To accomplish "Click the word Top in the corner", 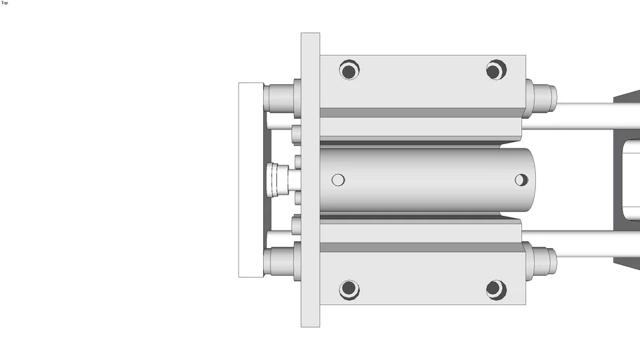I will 5,3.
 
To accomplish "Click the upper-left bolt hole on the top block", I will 348,70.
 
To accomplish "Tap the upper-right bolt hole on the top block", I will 496,70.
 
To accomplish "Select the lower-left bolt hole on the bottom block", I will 348,289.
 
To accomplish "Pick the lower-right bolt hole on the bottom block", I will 496,289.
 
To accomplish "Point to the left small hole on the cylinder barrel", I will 338,180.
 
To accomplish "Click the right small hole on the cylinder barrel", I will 520,180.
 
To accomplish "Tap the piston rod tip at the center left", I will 276,180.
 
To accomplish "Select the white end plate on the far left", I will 250,180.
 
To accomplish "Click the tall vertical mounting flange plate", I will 310,180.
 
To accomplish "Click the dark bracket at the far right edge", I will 627,180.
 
